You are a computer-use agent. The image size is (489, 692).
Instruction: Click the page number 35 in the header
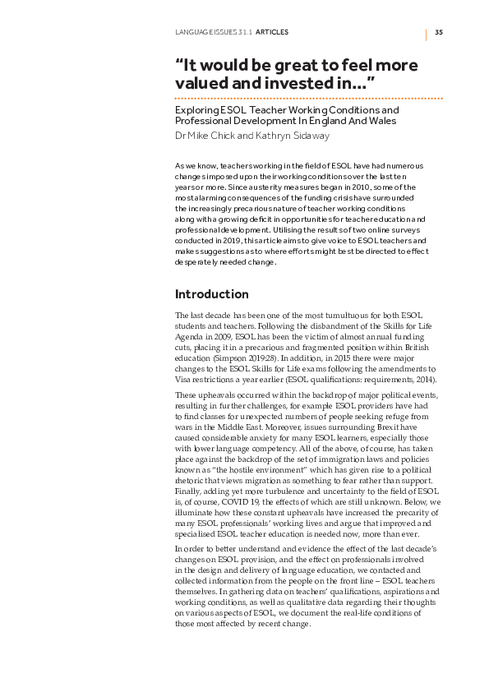[439, 33]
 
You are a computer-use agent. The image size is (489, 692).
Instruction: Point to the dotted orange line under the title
[309, 98]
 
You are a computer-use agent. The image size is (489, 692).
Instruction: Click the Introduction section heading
[212, 294]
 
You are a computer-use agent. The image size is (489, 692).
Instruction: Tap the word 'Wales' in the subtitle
[378, 121]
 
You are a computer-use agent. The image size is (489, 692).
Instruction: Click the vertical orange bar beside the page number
[427, 33]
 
